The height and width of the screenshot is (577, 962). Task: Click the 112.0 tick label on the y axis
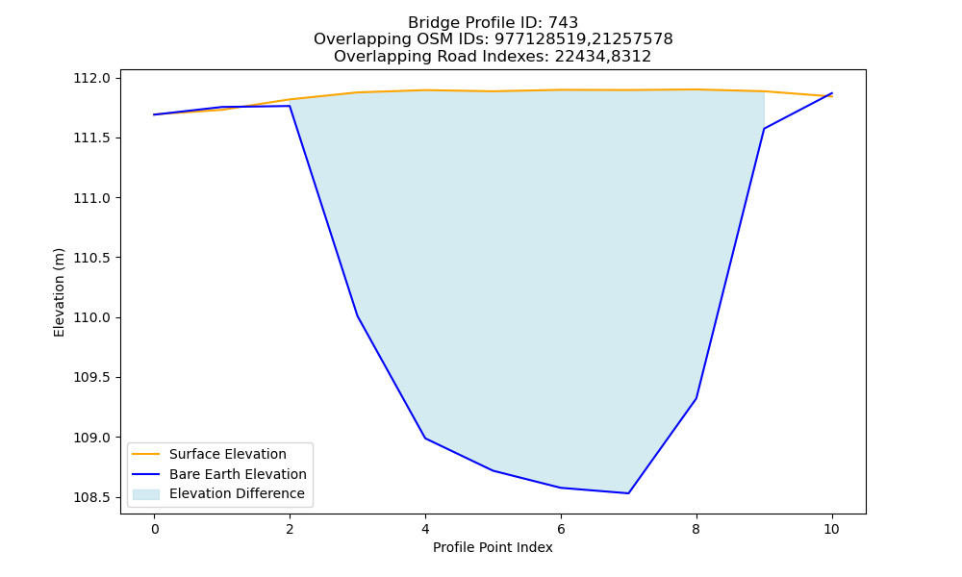(91, 79)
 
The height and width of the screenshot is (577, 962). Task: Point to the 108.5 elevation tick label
(91, 497)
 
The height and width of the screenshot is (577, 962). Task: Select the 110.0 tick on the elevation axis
(91, 317)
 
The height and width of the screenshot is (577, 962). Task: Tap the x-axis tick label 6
(561, 529)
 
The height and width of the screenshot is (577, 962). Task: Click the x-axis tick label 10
(831, 529)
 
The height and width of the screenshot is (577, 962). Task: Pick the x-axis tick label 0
(155, 529)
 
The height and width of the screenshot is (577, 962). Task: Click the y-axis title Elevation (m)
(59, 292)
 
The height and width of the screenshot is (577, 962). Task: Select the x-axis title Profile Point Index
(493, 547)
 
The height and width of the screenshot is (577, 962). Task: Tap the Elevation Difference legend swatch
(146, 494)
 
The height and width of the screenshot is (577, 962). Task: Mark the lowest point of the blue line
(628, 493)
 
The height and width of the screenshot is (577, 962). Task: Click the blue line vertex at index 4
(425, 438)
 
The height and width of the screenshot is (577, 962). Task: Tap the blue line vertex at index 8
(696, 398)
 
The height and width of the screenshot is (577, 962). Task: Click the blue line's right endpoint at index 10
(832, 93)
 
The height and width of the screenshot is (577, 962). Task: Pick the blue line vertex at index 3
(358, 315)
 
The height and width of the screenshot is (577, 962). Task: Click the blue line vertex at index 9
(764, 129)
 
